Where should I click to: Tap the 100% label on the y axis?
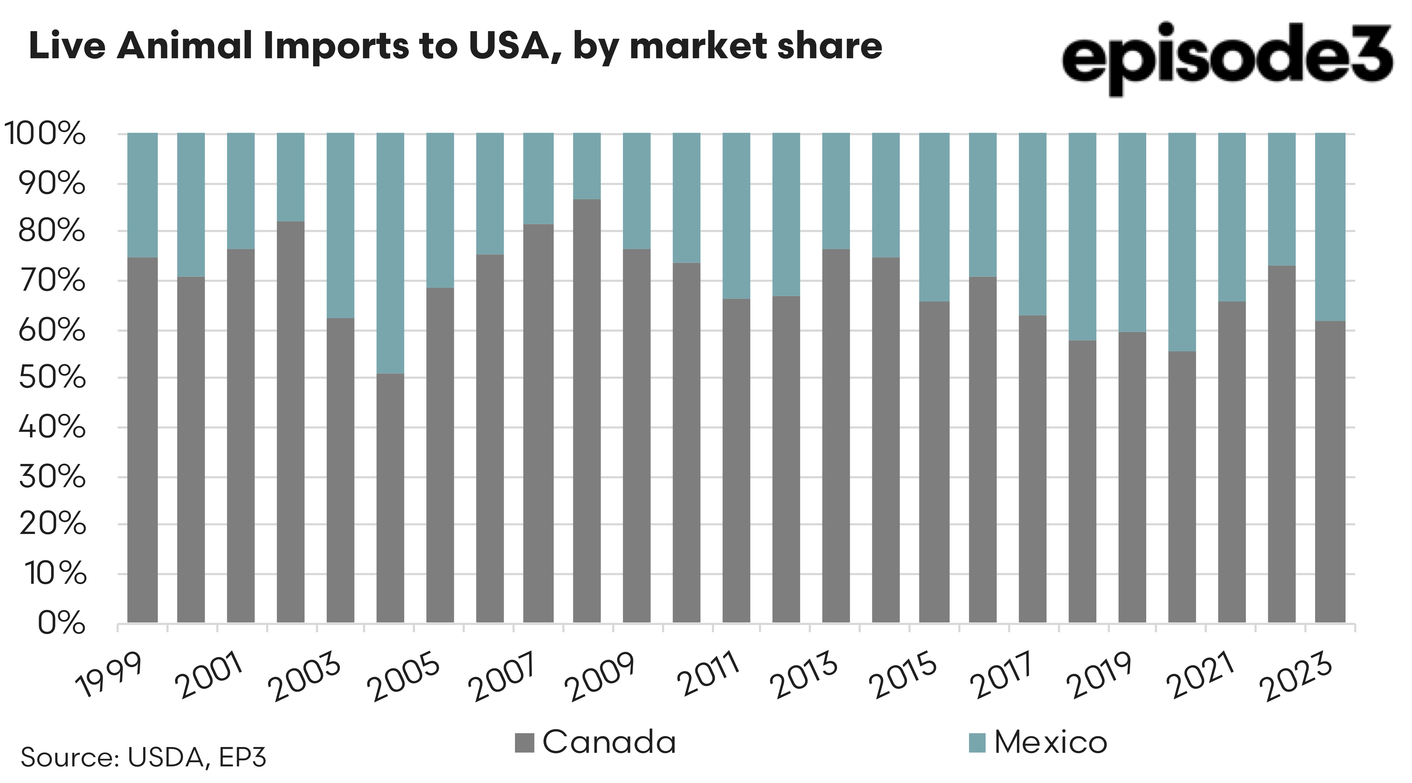coord(45,134)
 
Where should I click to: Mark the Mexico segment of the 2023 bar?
coord(1330,227)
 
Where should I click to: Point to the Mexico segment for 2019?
coord(1132,232)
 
